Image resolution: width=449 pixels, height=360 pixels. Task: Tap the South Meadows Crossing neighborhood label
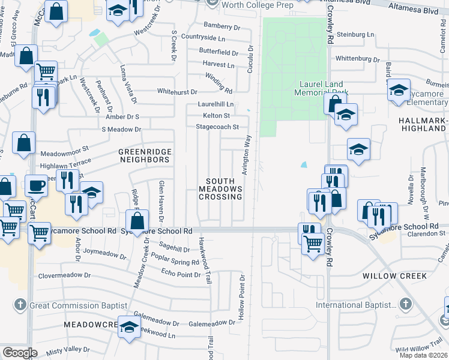(x=224, y=189)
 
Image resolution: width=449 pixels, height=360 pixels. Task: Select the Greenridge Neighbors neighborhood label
(x=143, y=156)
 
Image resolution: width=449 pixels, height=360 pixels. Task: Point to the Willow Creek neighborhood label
(x=394, y=276)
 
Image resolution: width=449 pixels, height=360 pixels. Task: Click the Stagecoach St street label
(x=221, y=127)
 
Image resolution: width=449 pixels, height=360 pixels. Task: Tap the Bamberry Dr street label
(x=221, y=26)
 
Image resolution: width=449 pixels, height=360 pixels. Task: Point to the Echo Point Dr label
(x=181, y=274)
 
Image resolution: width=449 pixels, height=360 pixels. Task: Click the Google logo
(x=20, y=353)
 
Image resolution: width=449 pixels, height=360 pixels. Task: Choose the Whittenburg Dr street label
(x=358, y=58)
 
